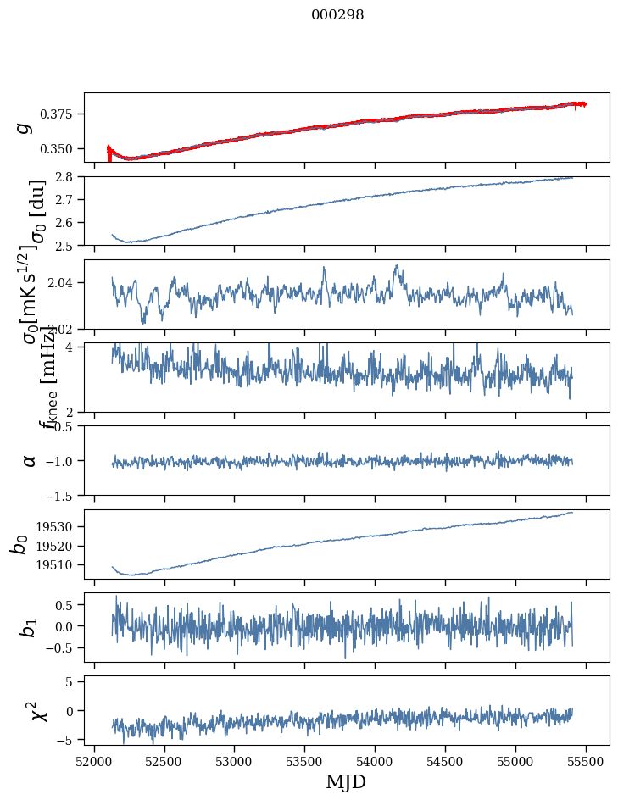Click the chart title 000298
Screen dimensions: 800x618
click(337, 15)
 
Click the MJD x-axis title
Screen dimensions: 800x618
click(346, 781)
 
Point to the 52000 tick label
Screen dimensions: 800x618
click(94, 762)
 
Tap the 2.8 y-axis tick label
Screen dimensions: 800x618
click(68, 176)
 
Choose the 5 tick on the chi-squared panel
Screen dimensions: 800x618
click(73, 681)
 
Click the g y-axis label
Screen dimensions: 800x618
click(25, 127)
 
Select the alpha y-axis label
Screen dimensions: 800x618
click(29, 460)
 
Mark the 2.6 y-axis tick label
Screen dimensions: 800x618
click(68, 222)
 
